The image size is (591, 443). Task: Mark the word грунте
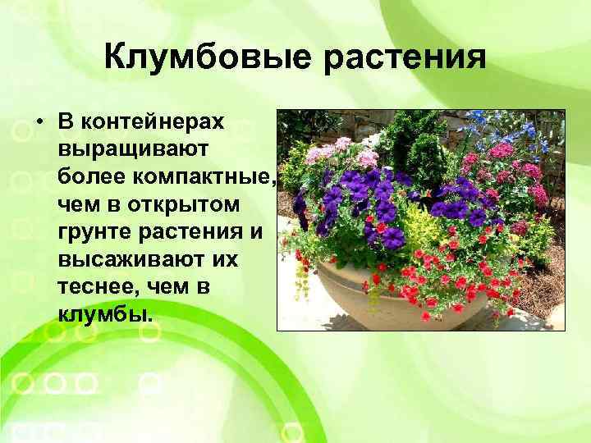coord(98,231)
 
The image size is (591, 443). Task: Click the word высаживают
coord(131,258)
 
